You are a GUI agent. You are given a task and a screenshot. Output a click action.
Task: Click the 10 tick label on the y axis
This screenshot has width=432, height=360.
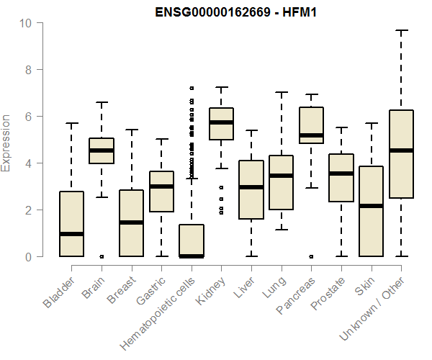(27, 23)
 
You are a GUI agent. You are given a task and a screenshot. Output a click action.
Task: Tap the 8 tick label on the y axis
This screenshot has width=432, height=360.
(29, 70)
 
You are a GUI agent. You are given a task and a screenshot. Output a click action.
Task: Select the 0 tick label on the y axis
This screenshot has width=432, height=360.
(29, 257)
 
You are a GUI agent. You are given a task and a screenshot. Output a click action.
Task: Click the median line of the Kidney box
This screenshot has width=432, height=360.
(221, 122)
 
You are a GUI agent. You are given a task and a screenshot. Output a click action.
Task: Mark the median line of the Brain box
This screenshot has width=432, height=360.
(102, 150)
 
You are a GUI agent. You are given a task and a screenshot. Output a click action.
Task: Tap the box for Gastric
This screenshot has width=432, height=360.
(161, 192)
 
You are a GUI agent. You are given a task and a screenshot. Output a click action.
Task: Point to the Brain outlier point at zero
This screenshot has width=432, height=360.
(102, 256)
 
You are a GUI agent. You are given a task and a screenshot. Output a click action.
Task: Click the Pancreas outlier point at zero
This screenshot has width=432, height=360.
(311, 256)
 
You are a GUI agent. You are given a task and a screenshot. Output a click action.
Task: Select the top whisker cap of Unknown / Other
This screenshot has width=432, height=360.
(401, 30)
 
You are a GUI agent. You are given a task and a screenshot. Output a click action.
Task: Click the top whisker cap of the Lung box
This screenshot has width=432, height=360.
(281, 92)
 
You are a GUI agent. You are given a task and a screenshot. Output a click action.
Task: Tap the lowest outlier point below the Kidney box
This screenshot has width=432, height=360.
(221, 212)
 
